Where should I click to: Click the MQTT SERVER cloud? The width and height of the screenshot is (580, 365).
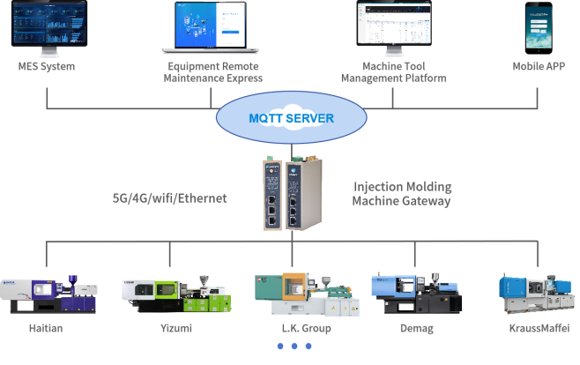[291, 118]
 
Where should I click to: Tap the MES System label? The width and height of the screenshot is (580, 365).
[46, 67]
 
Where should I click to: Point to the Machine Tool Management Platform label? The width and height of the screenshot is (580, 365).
[392, 72]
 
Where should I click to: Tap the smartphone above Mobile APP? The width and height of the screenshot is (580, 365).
[539, 28]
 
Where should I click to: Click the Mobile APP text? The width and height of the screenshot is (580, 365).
[539, 67]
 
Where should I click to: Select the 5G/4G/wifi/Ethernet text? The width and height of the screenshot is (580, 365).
[170, 198]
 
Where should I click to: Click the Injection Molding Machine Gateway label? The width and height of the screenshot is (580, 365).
[402, 194]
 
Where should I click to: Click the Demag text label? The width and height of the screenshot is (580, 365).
[415, 329]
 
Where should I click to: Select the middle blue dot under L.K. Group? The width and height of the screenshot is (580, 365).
[294, 346]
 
